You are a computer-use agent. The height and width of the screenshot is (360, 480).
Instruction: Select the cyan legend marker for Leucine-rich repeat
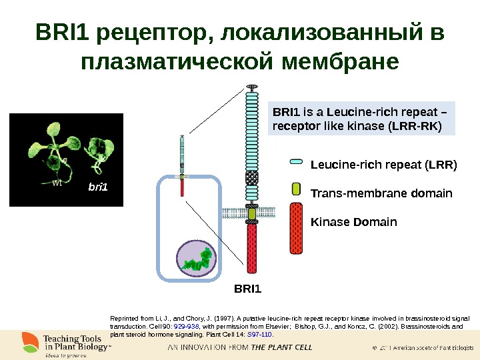click(x=297, y=161)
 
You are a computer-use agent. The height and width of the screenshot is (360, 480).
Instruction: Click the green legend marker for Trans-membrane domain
click(x=297, y=189)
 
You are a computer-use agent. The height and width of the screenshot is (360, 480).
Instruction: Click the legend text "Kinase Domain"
click(x=354, y=221)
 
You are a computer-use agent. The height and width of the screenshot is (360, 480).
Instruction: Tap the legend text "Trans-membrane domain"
click(x=381, y=194)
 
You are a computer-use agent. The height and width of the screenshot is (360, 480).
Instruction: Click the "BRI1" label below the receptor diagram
click(x=249, y=289)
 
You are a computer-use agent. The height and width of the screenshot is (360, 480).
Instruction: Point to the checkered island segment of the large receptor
click(x=252, y=179)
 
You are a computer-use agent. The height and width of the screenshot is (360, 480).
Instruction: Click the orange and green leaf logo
click(x=30, y=342)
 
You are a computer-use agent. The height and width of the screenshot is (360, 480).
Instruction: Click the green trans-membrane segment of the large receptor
click(x=252, y=214)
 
